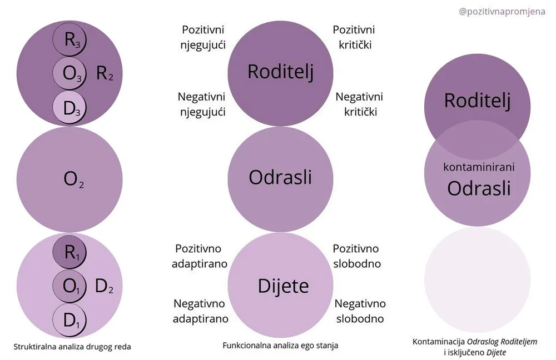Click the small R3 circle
click(70, 40)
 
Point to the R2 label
click(105, 73)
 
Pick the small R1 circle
click(70, 253)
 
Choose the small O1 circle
click(70, 287)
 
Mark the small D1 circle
click(70, 321)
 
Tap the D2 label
click(105, 287)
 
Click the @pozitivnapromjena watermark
click(502, 11)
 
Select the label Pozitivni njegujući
click(202, 37)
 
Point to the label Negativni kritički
click(359, 104)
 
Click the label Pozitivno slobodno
click(356, 256)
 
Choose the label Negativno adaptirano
click(200, 311)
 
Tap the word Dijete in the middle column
click(283, 286)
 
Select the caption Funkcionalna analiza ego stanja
click(280, 345)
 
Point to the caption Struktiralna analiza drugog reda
click(72, 346)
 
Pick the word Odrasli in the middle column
click(280, 177)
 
